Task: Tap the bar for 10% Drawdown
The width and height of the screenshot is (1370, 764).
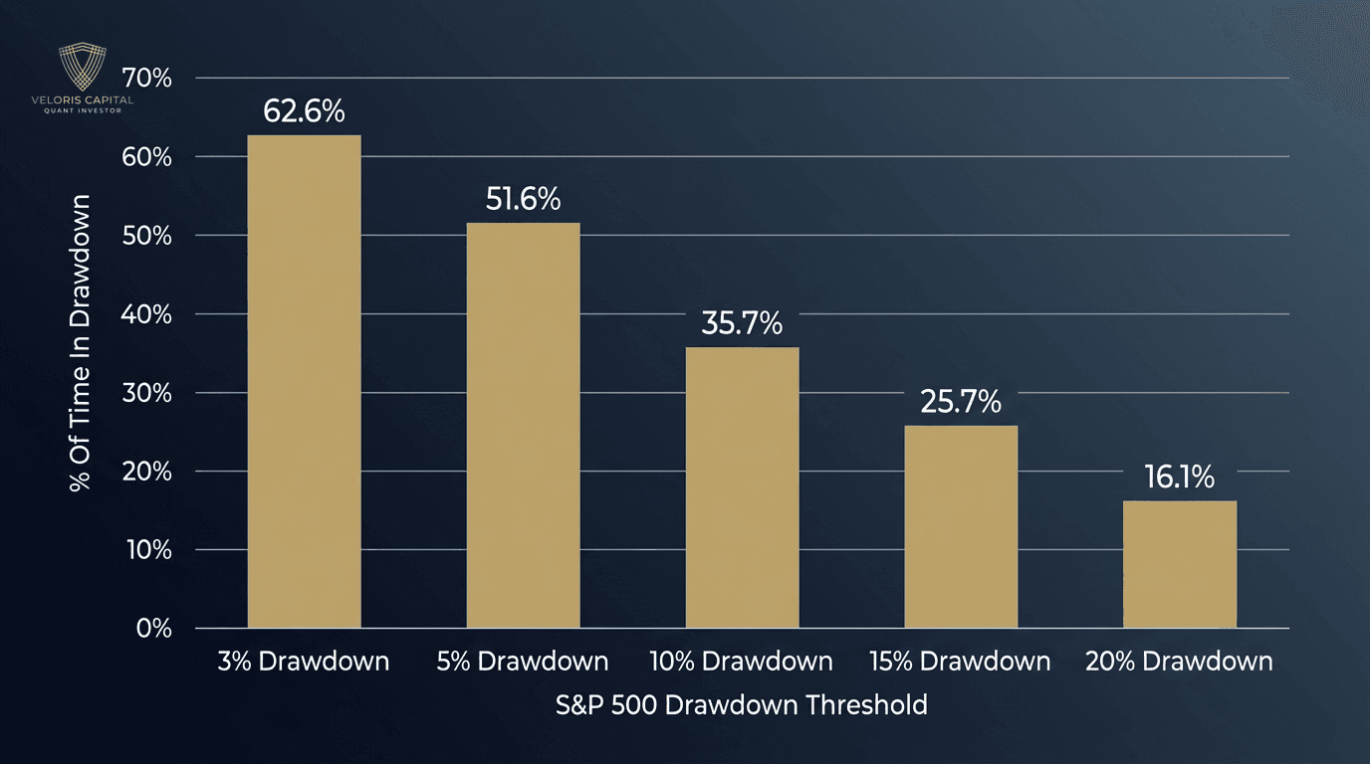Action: [x=742, y=487]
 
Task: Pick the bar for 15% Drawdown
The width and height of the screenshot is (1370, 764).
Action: [x=961, y=526]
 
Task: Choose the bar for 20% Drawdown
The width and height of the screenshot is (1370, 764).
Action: [x=1180, y=564]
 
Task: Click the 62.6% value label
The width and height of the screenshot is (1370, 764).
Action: [x=304, y=111]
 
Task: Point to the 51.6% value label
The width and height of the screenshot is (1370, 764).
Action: [x=523, y=199]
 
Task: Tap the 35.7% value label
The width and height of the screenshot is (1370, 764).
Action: [x=742, y=323]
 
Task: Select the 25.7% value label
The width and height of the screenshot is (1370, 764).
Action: [x=961, y=402]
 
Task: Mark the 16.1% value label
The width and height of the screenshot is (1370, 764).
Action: [x=1180, y=477]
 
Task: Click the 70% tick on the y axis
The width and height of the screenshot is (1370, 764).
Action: [x=146, y=78]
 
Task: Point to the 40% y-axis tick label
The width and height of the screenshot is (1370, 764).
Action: [x=146, y=314]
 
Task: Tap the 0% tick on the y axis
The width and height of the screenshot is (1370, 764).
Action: [x=153, y=629]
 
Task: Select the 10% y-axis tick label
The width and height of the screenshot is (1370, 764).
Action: [x=147, y=550]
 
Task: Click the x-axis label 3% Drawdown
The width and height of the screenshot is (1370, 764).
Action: [x=304, y=662]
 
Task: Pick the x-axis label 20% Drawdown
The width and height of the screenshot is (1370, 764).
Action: [x=1180, y=662]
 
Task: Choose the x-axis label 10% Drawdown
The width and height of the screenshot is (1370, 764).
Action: [x=742, y=662]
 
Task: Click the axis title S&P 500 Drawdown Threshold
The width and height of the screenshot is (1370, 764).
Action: [x=742, y=705]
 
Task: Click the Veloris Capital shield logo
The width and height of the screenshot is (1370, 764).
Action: [x=82, y=68]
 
